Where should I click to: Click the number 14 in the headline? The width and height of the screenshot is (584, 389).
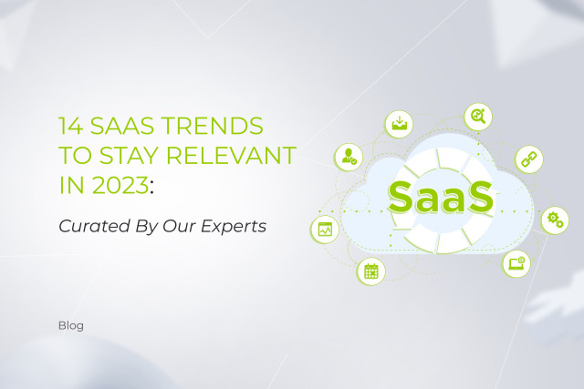tap(71, 126)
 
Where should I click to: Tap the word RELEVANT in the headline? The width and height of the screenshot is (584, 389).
tap(231, 156)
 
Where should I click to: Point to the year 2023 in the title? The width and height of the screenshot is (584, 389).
tap(120, 185)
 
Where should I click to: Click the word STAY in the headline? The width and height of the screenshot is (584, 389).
tap(129, 156)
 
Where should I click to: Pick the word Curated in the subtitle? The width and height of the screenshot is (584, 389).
tap(94, 226)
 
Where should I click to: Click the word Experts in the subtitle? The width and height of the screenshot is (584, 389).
tap(234, 227)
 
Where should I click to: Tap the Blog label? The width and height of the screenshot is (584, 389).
tap(71, 326)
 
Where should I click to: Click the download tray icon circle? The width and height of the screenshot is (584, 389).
tap(399, 124)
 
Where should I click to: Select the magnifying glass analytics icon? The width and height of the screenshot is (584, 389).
tap(478, 117)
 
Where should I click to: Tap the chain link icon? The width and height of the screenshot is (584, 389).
tap(529, 159)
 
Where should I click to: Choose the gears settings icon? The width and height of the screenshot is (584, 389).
tap(555, 220)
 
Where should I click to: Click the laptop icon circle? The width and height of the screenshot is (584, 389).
tap(516, 263)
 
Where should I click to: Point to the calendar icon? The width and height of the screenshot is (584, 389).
tap(371, 271)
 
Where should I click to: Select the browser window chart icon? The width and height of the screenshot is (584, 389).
tap(325, 230)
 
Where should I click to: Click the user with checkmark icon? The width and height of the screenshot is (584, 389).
tap(349, 157)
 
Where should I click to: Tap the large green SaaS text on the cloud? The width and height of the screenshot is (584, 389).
tap(441, 198)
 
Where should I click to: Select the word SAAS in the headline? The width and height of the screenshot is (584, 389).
tap(121, 126)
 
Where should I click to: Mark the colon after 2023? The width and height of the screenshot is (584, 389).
tap(151, 188)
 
